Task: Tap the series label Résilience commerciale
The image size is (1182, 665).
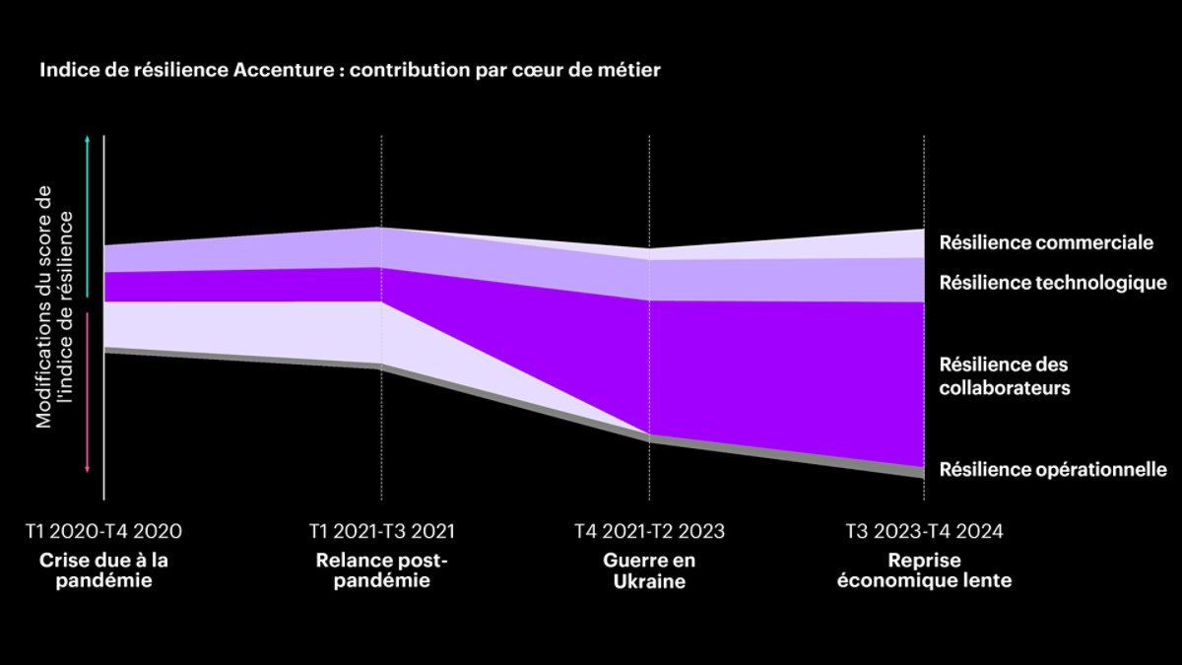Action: pos(1046,242)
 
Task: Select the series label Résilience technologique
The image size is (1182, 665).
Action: pos(1053,283)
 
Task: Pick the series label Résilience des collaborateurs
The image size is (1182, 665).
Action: pos(1004,376)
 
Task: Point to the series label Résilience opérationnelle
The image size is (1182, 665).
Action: pos(1053,469)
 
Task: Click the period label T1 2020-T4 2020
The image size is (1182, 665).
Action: pos(103,532)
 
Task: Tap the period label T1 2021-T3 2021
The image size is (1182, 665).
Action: pos(381,532)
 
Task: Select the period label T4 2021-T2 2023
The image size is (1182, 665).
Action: pos(649,532)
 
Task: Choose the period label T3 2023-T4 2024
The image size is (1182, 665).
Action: pos(924,532)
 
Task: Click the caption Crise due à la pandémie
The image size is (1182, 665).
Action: pos(103,569)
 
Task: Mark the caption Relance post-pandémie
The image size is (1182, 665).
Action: pos(381,569)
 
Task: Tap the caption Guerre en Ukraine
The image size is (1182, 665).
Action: pos(649,569)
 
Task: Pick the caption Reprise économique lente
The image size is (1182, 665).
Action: pos(924,569)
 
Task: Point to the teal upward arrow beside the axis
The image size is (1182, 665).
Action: pos(89,217)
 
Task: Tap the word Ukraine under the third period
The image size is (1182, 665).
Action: pos(649,581)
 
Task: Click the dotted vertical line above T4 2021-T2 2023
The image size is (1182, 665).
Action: pos(649,187)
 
